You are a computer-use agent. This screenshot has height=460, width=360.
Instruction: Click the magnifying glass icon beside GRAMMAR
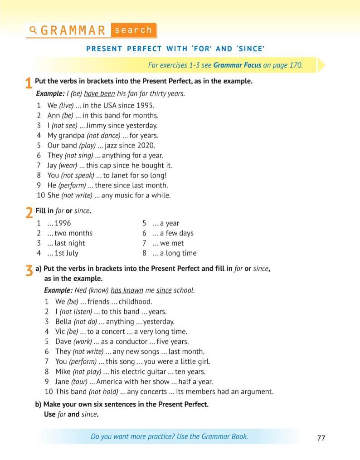[33, 30]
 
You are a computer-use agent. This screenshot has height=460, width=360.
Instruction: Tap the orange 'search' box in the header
[133, 30]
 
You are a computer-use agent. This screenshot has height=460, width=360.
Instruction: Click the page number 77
[321, 438]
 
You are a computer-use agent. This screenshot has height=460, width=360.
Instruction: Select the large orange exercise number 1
[29, 84]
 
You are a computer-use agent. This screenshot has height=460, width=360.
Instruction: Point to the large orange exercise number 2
[29, 213]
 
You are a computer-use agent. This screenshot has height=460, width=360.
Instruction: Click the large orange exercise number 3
[29, 271]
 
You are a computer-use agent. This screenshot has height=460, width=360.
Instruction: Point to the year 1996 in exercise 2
[63, 223]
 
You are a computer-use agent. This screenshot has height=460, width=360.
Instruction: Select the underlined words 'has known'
[127, 290]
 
